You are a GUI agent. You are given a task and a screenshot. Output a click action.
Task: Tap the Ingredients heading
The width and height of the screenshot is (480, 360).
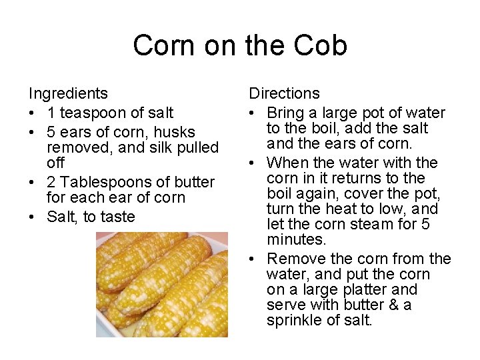68,94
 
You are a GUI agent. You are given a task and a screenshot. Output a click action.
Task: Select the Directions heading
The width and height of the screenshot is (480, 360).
285,94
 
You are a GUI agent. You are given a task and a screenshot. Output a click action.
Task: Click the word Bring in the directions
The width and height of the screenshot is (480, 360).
286,113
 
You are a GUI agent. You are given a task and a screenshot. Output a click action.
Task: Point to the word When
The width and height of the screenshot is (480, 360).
285,163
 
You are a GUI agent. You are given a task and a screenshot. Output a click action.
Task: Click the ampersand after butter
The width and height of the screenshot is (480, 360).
393,305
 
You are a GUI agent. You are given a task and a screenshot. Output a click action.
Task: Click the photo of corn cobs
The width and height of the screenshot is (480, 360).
161,285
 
